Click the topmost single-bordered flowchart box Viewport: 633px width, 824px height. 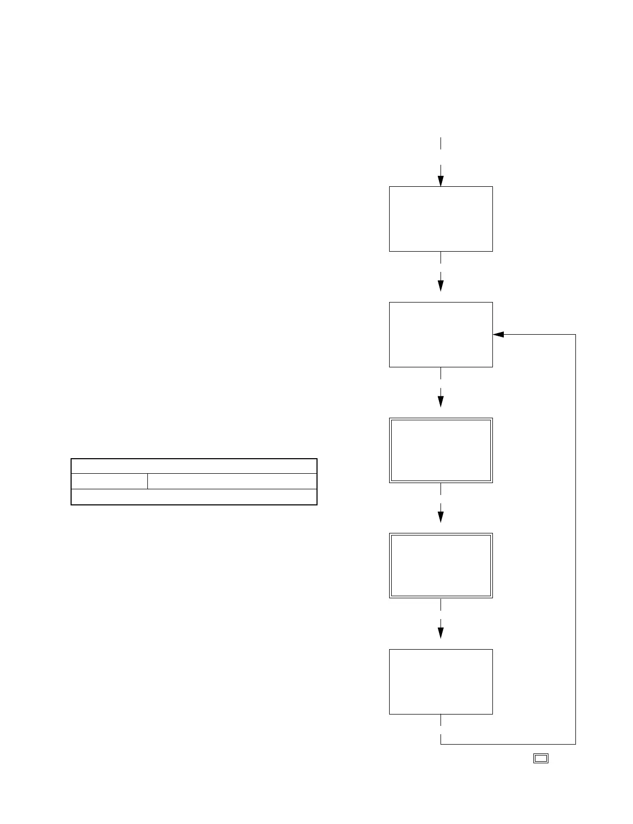point(441,219)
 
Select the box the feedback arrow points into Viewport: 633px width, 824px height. point(441,335)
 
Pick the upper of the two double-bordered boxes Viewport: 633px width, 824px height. point(441,450)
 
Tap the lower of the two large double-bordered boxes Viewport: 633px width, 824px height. point(441,566)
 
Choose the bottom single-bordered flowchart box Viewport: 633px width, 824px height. point(441,681)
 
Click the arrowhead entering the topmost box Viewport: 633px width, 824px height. point(441,181)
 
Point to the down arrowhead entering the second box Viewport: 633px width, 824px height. point(441,286)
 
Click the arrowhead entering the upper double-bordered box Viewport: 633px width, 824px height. point(441,402)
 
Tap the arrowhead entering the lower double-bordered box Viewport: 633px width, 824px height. point(441,517)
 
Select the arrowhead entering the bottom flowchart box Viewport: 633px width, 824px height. point(441,633)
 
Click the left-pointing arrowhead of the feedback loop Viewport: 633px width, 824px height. point(499,335)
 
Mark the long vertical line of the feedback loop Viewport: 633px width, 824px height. point(575,540)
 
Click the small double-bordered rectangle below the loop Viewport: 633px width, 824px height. point(541,758)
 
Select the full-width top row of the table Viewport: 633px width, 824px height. point(194,466)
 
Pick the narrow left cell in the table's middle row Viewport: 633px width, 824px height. point(109,481)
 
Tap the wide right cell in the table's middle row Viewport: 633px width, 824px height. point(232,481)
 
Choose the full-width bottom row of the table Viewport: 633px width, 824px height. point(194,497)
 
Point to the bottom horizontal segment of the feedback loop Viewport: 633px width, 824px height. point(508,744)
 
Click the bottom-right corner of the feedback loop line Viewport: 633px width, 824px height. point(575,744)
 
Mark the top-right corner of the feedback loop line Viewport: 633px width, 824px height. point(575,335)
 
